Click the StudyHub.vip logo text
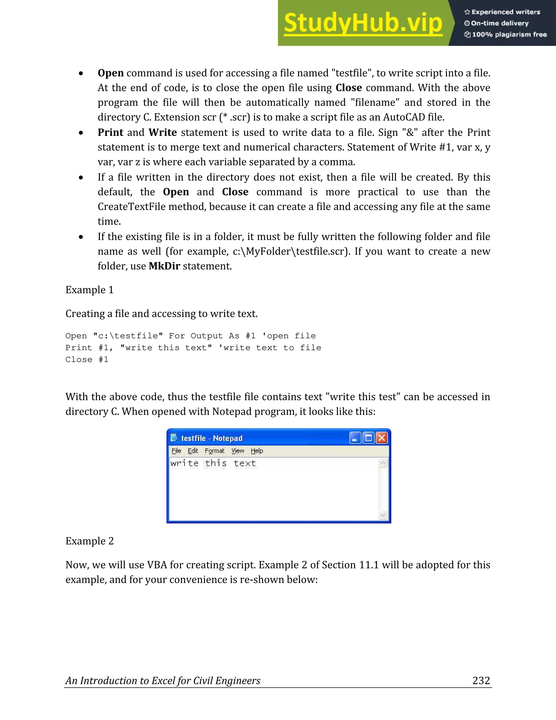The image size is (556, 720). pyautogui.click(x=363, y=23)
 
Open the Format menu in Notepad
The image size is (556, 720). pyautogui.click(x=214, y=451)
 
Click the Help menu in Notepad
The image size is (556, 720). pyautogui.click(x=257, y=451)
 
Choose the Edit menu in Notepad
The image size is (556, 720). pyautogui.click(x=193, y=451)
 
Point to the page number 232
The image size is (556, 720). pyautogui.click(x=481, y=680)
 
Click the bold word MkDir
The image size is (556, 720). pyautogui.click(x=164, y=266)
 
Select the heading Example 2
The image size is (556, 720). pyautogui.click(x=89, y=541)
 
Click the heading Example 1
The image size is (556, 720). pyautogui.click(x=89, y=290)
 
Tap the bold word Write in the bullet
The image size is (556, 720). pyautogui.click(x=162, y=132)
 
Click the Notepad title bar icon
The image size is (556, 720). pyautogui.click(x=173, y=438)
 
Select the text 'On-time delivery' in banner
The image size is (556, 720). pyautogui.click(x=500, y=23)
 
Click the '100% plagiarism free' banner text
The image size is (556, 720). pyautogui.click(x=509, y=34)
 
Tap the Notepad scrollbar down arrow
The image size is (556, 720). pyautogui.click(x=383, y=515)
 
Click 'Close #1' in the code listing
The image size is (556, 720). pyautogui.click(x=87, y=360)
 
